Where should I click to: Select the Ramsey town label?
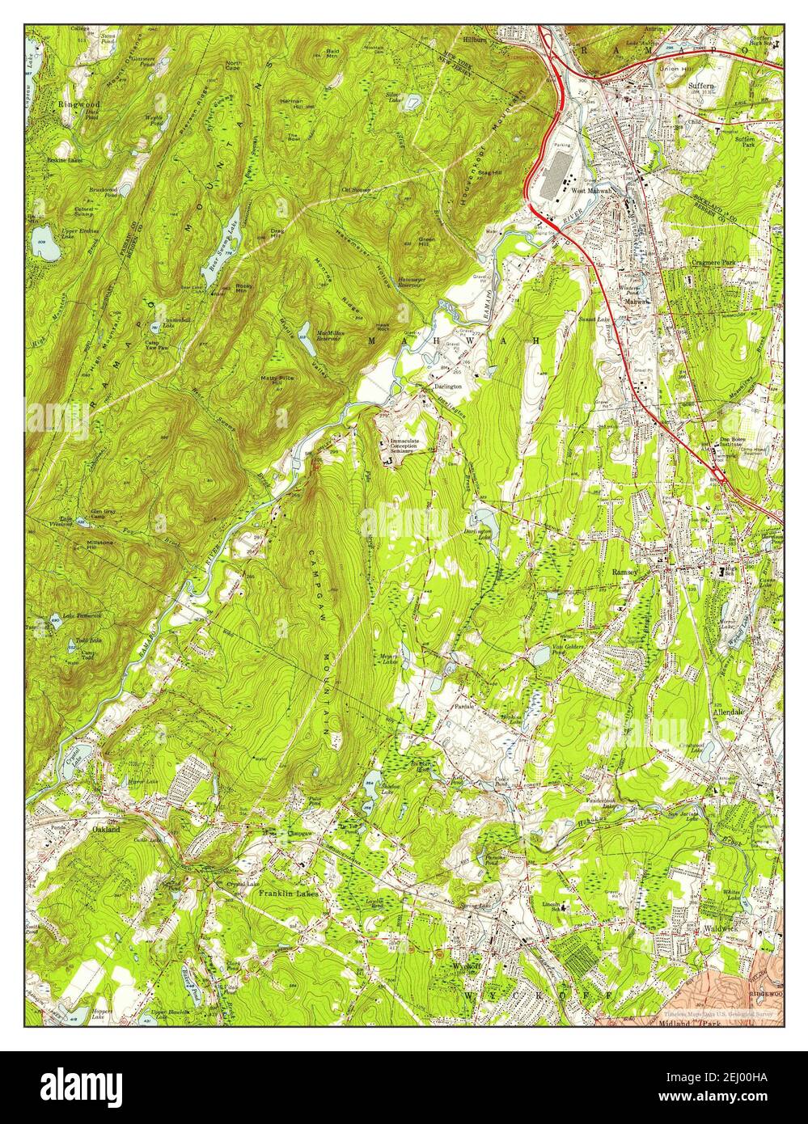pyautogui.click(x=626, y=571)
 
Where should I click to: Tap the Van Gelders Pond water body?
pyautogui.click(x=539, y=657)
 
